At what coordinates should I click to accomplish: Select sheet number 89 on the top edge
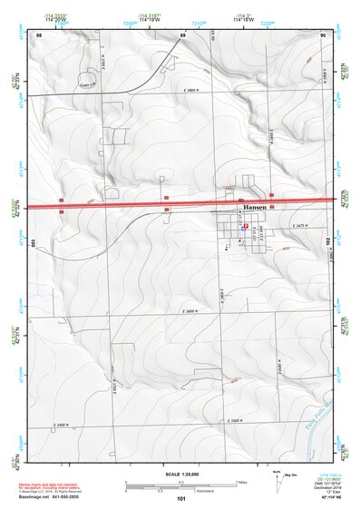(x=182, y=34)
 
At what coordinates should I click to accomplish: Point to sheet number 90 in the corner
(x=323, y=34)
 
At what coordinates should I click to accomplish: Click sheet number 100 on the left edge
(x=34, y=243)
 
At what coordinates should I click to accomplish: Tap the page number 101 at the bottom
(x=181, y=499)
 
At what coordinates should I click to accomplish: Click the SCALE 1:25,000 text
(x=181, y=475)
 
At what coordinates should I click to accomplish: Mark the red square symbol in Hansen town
(x=246, y=227)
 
